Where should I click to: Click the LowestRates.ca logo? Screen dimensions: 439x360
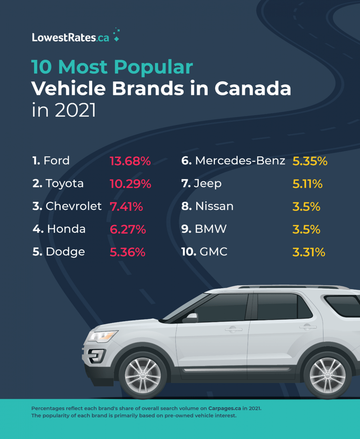tap(75, 37)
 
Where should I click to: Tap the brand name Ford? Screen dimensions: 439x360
tap(56, 161)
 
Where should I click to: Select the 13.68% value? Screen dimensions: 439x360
tap(130, 161)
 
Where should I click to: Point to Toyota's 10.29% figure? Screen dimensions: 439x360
tap(130, 184)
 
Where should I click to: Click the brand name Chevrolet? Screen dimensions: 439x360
tap(73, 206)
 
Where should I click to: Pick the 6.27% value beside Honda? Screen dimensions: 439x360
tap(128, 229)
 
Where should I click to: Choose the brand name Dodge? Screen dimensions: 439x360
tap(65, 252)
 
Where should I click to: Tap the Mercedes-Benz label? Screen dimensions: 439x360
tap(240, 161)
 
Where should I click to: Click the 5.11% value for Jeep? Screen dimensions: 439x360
tap(307, 184)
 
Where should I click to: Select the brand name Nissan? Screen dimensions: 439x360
tap(214, 206)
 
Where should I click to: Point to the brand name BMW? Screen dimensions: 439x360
tap(211, 229)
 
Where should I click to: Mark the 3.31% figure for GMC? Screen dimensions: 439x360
tap(309, 252)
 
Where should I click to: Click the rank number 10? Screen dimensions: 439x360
tap(189, 252)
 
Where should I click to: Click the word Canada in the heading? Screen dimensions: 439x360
tap(253, 89)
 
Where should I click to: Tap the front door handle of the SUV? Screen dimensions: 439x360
tap(233, 330)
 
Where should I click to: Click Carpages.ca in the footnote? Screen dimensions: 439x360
tap(225, 408)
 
